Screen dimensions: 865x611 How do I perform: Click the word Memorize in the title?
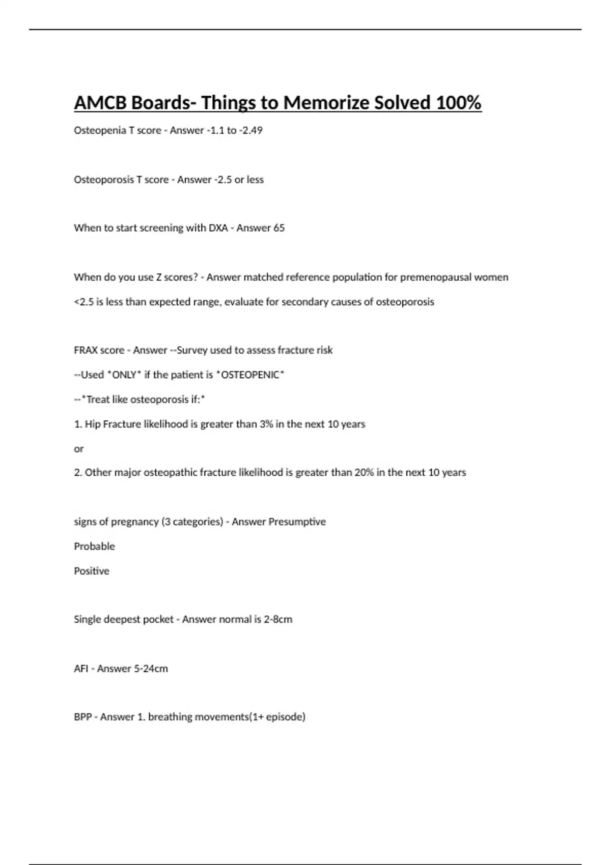point(326,103)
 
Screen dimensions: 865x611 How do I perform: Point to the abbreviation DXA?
point(218,228)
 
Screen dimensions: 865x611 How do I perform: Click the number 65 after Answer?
point(279,228)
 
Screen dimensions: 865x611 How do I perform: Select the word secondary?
point(304,302)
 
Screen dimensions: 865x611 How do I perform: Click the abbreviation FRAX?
point(85,350)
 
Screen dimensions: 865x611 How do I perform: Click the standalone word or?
point(78,449)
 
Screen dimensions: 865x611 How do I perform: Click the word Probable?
point(94,546)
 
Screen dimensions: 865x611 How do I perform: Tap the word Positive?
point(92,571)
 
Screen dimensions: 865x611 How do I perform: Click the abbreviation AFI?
point(81,669)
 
